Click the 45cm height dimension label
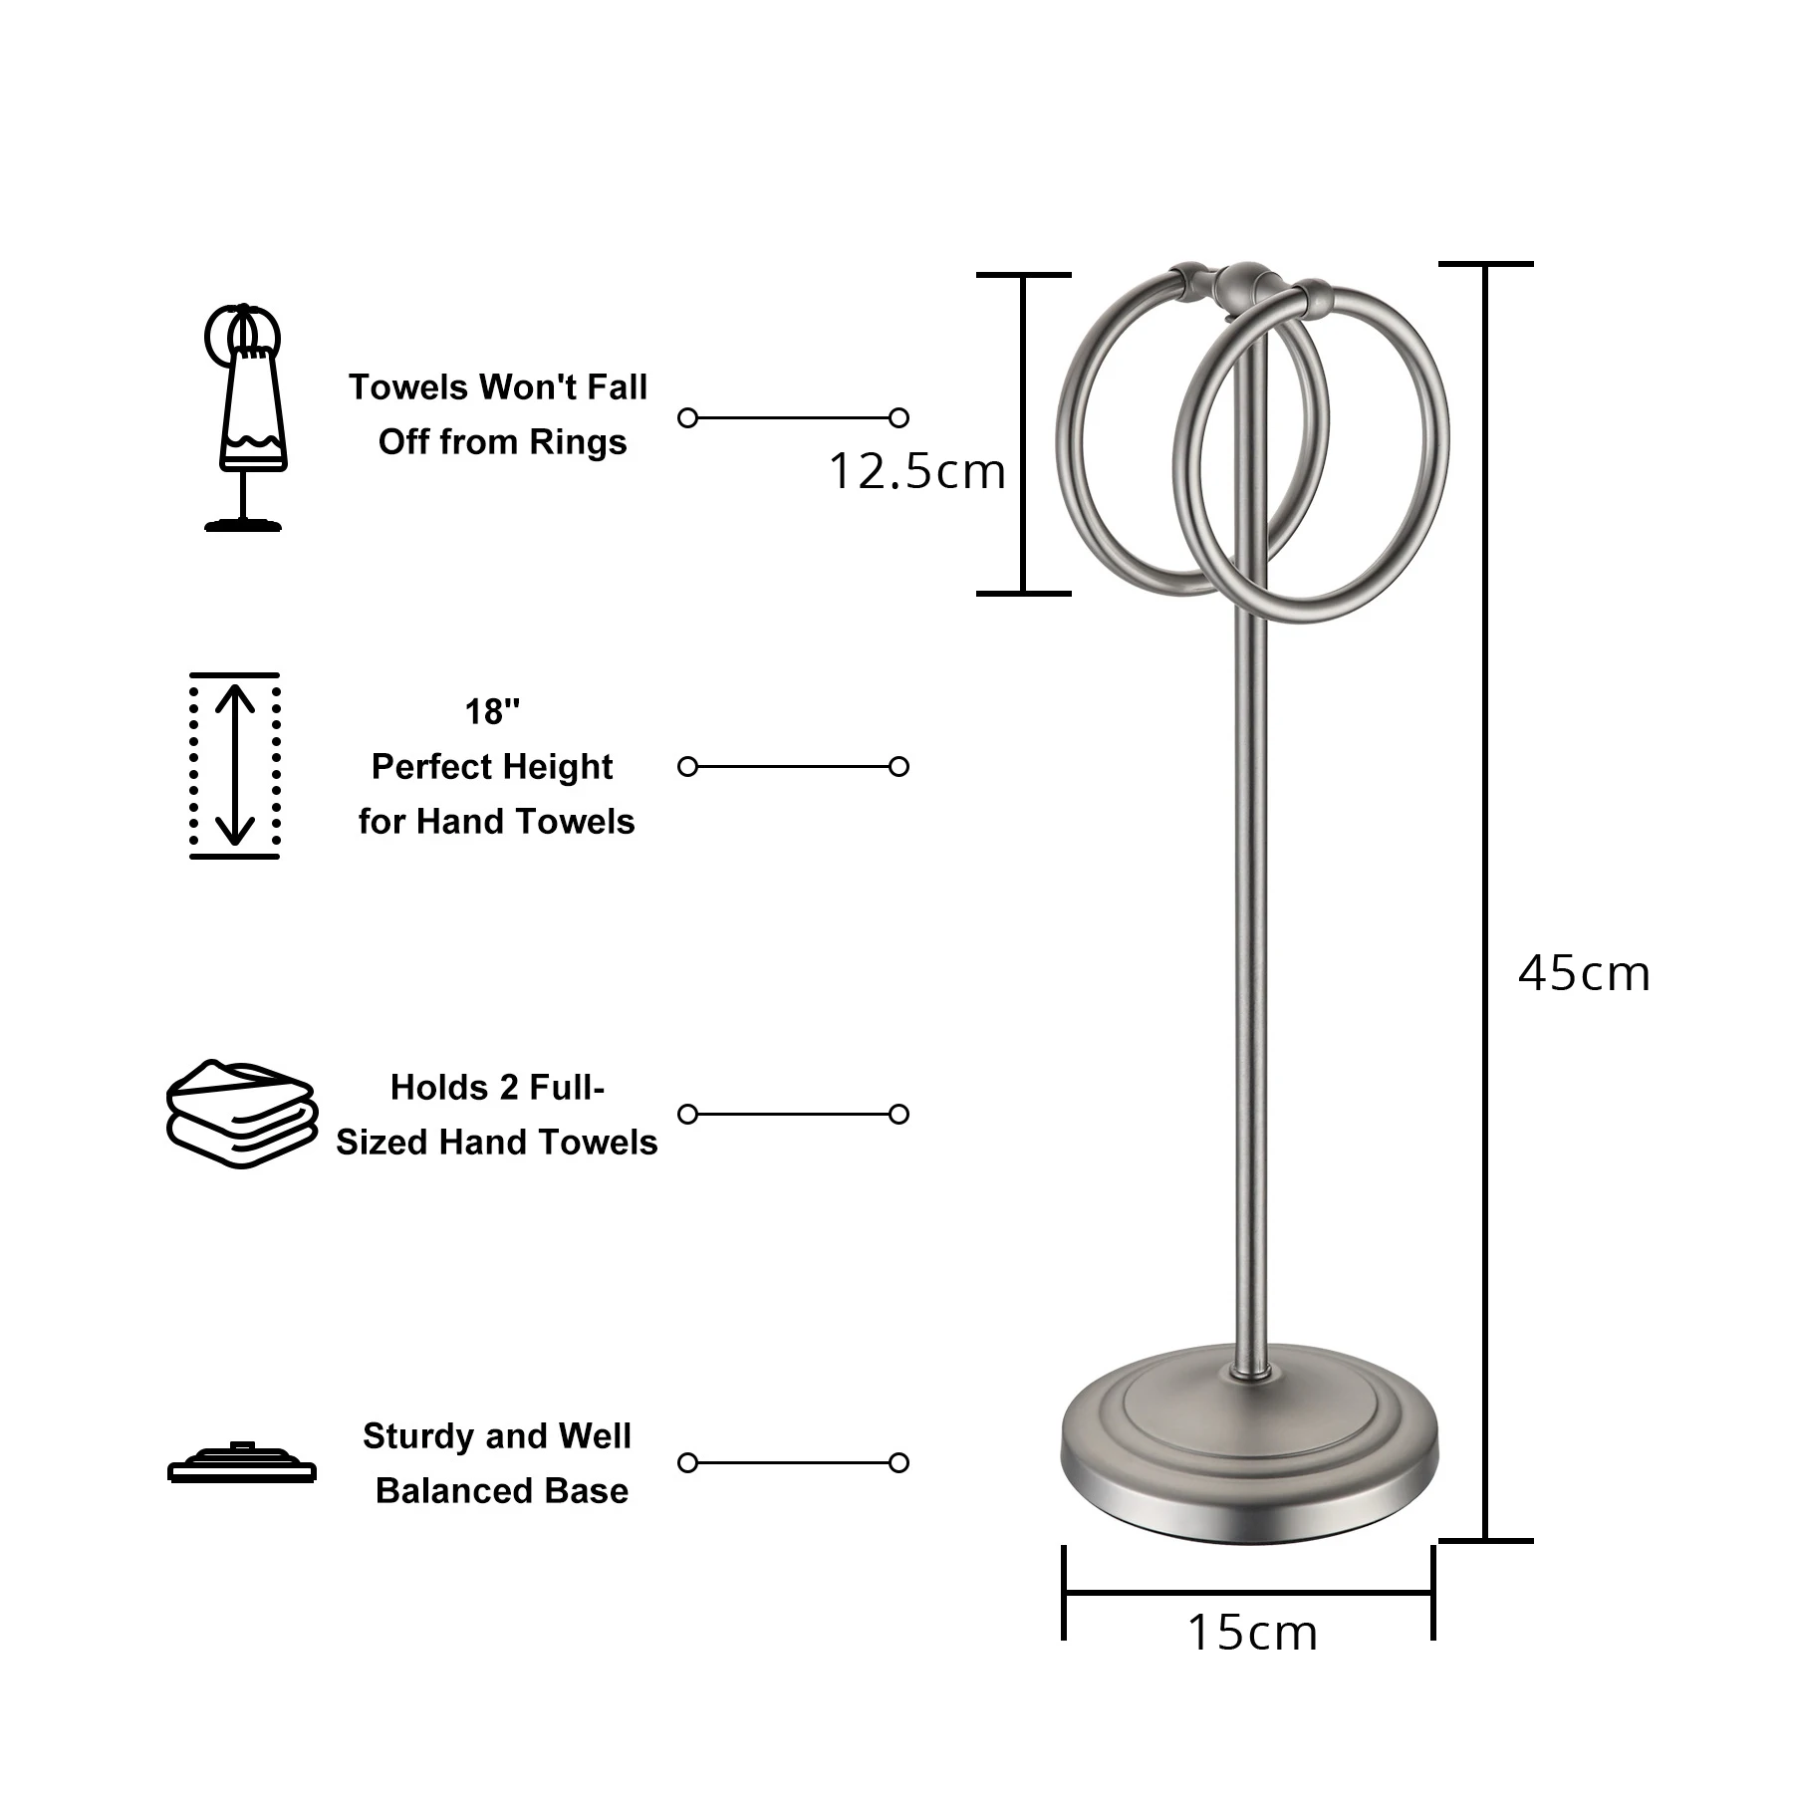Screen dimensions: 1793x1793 point(1584,973)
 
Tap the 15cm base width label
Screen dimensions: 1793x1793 point(1252,1633)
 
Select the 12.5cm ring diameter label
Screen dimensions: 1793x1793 point(916,471)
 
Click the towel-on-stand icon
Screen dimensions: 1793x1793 point(243,417)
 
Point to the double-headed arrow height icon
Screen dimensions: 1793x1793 point(235,765)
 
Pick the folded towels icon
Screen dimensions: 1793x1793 point(242,1114)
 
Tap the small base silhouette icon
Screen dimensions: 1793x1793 point(242,1462)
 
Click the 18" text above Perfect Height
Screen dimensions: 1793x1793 point(492,712)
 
